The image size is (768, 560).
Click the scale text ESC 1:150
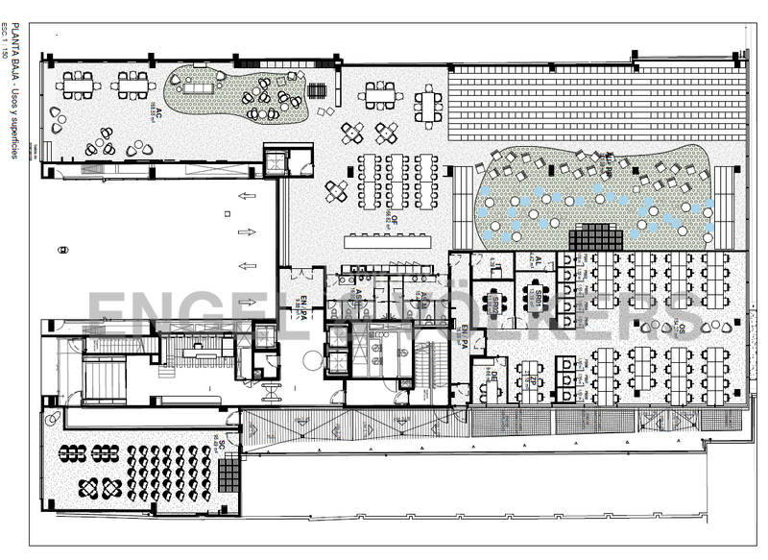pyautogui.click(x=7, y=43)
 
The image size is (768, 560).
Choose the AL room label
pyautogui.click(x=539, y=260)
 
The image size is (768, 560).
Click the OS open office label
pyautogui.click(x=681, y=330)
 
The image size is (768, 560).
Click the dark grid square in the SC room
pyautogui.click(x=228, y=473)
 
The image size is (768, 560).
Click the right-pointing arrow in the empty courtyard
pyautogui.click(x=246, y=231)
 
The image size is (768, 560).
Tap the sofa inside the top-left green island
pyautogui.click(x=203, y=87)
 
